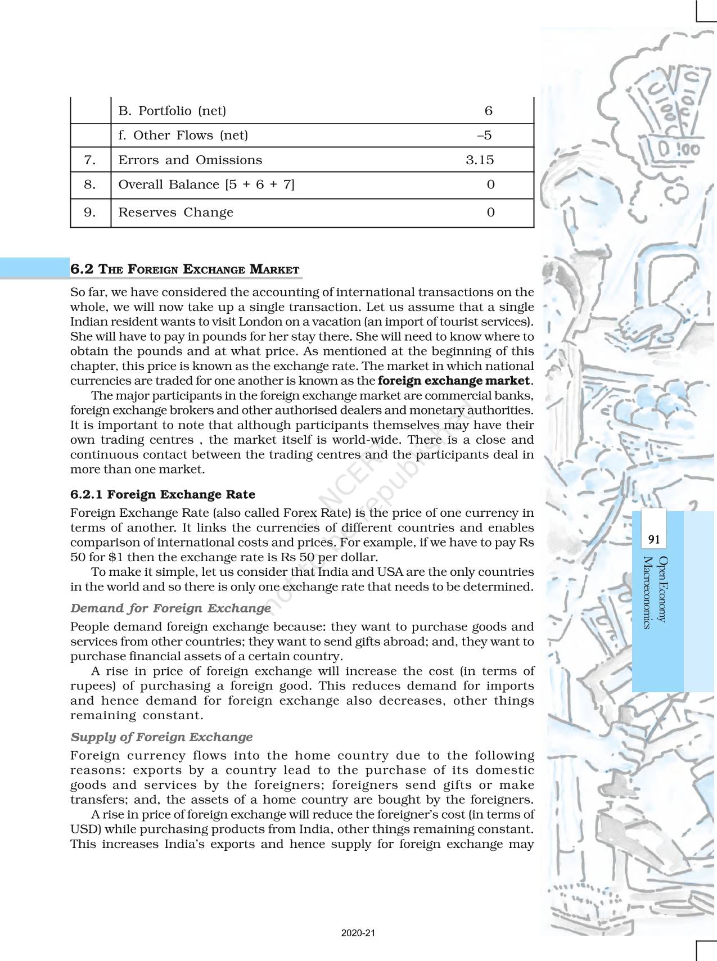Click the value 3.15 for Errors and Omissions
coord(480,160)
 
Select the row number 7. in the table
coord(90,160)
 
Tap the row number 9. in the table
coord(90,213)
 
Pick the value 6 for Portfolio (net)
coord(488,111)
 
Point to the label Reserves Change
coord(175,213)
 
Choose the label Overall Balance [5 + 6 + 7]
coord(206,184)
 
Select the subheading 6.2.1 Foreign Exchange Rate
coord(163,495)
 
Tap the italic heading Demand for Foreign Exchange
coord(170,608)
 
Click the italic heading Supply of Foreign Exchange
coord(161,737)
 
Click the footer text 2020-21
coord(358,933)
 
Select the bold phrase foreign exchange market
coord(454,381)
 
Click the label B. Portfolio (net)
coord(172,111)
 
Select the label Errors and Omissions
coord(190,160)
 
